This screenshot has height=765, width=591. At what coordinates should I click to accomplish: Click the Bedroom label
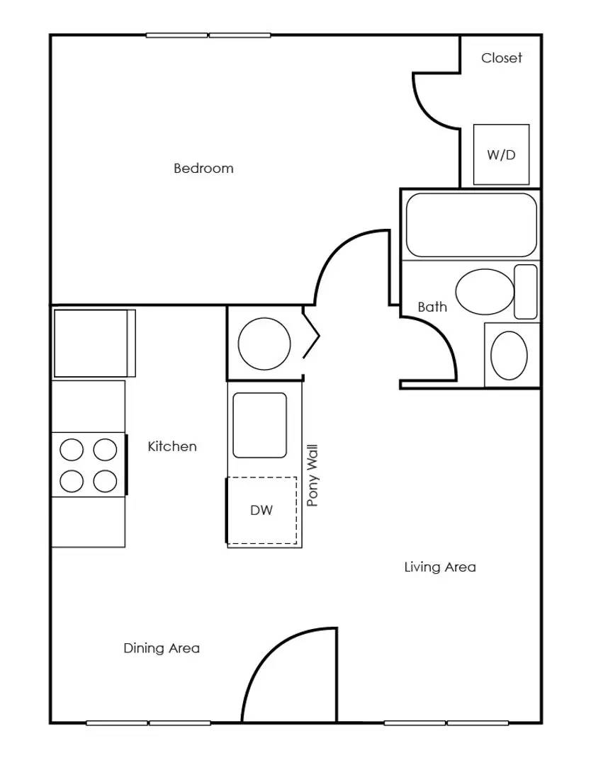[x=203, y=169]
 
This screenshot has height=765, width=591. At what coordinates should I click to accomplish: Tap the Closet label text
[x=501, y=58]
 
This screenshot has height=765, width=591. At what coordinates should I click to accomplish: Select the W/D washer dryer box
[x=501, y=154]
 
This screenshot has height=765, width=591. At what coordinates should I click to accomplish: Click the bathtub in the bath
[x=471, y=225]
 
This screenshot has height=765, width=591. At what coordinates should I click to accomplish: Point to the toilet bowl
[x=485, y=292]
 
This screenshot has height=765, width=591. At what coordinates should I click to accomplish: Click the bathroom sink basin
[x=509, y=355]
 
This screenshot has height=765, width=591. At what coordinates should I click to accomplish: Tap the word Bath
[x=432, y=307]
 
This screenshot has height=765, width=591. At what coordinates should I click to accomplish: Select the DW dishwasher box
[x=261, y=511]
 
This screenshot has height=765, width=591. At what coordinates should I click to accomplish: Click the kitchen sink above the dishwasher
[x=260, y=425]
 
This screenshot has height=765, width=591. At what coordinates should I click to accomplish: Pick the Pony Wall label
[x=313, y=475]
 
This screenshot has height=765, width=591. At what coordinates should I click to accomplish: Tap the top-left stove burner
[x=72, y=450]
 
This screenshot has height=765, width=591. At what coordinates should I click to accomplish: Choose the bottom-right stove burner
[x=105, y=481]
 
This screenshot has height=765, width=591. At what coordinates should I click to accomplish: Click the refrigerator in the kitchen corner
[x=94, y=344]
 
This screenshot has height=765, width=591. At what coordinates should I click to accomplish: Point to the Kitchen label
[x=172, y=446]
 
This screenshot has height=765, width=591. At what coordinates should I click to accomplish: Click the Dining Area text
[x=162, y=648]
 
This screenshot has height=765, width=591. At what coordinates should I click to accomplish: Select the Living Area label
[x=440, y=567]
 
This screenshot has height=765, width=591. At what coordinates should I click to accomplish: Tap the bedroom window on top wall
[x=208, y=35]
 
